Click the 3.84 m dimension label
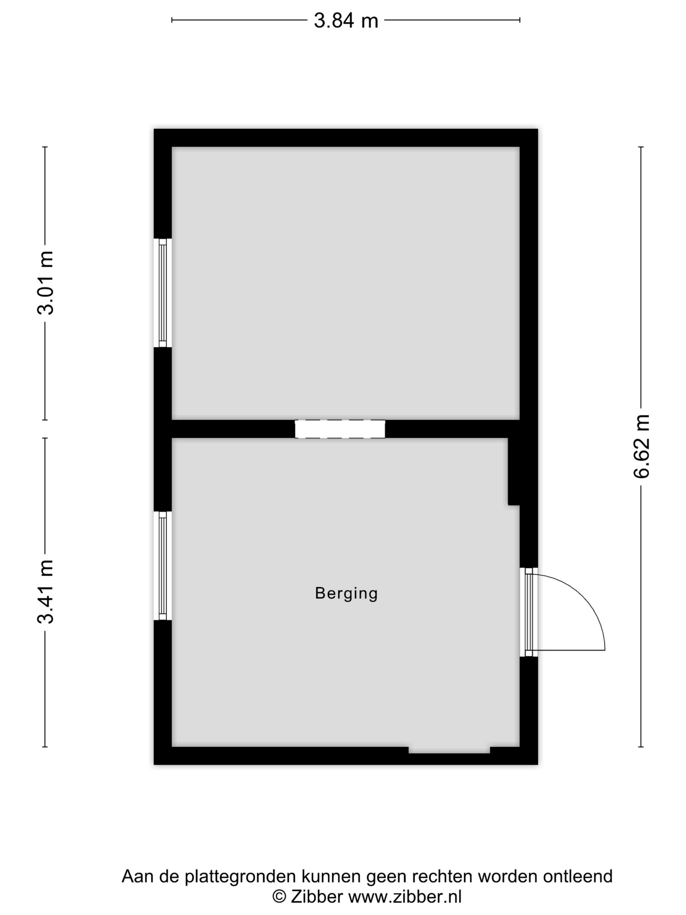coord(346,20)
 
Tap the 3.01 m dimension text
coord(45,283)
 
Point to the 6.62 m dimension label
coord(641,446)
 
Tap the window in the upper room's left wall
coord(162,293)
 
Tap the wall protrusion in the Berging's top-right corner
coord(514,472)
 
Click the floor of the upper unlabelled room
coord(346,283)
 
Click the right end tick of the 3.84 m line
coord(520,19)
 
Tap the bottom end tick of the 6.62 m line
coord(641,747)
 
